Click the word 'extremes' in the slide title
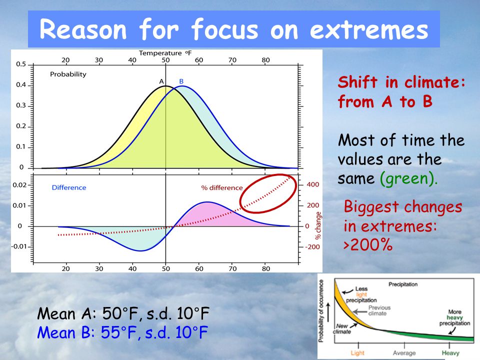coord(369,29)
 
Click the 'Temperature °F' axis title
coord(165,53)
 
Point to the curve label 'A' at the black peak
coord(161,81)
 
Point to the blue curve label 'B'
coord(181,81)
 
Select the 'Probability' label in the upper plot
coord(68,74)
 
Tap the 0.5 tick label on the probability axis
coord(21,64)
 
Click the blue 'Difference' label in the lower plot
coord(69,187)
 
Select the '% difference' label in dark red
coord(222,187)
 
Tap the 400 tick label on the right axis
coord(313,184)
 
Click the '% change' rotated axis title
coord(318,225)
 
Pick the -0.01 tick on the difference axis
coord(19,246)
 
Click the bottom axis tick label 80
coord(265,269)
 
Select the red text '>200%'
coord(368,245)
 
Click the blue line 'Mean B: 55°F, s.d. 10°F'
coord(123,332)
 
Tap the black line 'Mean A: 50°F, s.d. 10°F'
coord(123,313)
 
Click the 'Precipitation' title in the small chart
coord(403,284)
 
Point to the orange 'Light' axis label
coord(357,353)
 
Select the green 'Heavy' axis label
coord(450,353)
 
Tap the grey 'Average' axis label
coord(404,353)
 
